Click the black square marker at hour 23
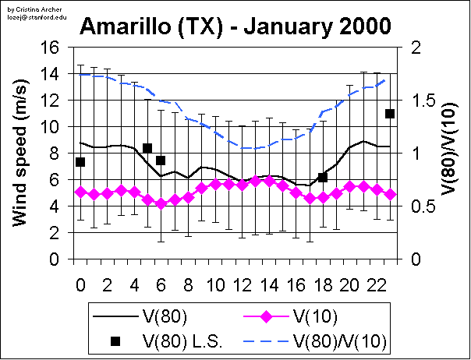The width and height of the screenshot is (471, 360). tap(391, 114)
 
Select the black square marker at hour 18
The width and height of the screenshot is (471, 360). tap(323, 178)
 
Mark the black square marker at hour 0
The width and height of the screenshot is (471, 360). tap(80, 162)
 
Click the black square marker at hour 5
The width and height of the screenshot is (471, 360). tap(147, 148)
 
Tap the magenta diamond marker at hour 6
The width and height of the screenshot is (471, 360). tap(161, 203)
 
